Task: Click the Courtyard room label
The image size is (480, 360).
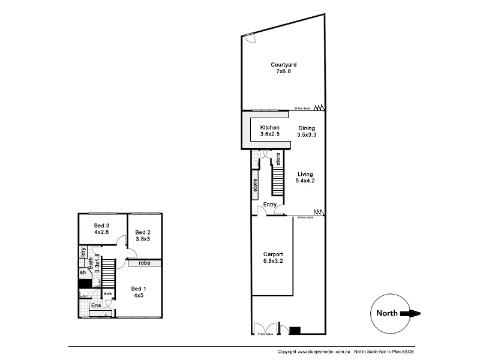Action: click(x=283, y=68)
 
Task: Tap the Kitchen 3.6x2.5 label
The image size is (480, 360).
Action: click(x=269, y=131)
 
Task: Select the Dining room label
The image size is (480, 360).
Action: click(x=306, y=131)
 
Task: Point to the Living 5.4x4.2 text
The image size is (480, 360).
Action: click(x=305, y=177)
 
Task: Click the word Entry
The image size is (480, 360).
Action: click(x=270, y=205)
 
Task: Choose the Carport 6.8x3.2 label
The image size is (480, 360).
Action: click(x=272, y=258)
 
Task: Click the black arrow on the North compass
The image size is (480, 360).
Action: click(x=415, y=313)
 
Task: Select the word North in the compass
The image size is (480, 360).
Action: click(x=388, y=313)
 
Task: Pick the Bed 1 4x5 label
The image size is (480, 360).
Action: click(x=138, y=292)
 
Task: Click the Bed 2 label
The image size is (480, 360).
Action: click(x=142, y=236)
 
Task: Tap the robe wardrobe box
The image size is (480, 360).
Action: click(x=144, y=263)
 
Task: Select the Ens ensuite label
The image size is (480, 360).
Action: click(x=96, y=306)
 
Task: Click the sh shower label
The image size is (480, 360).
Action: click(x=83, y=273)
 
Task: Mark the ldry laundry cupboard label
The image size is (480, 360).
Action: click(x=83, y=252)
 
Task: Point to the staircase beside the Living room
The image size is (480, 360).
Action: click(x=278, y=181)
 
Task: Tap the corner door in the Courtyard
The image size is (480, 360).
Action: click(x=250, y=38)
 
